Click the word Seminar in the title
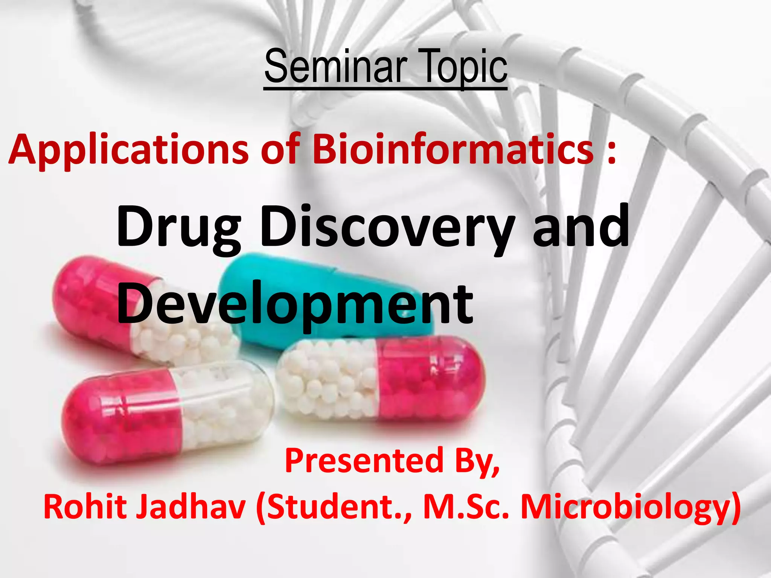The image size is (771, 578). point(336,68)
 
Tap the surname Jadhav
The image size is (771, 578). point(191,507)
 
